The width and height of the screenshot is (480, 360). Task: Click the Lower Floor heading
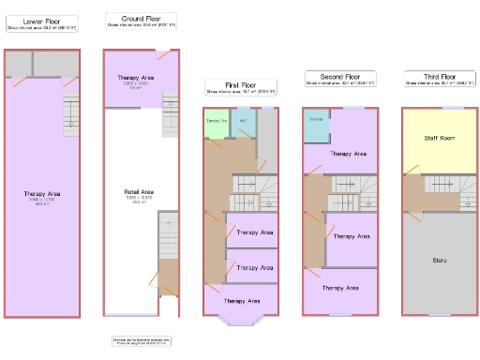(42, 19)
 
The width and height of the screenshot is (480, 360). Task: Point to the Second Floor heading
(338, 76)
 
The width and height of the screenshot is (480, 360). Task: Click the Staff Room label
(438, 137)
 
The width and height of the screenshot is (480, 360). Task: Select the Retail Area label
(139, 192)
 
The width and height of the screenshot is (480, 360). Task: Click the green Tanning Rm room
(217, 125)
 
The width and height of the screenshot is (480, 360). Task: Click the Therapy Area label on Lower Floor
(42, 194)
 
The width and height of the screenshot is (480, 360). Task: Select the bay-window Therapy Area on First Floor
(242, 301)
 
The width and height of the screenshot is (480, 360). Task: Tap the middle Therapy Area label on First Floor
(253, 267)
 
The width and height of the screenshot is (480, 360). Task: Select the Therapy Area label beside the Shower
(348, 153)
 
